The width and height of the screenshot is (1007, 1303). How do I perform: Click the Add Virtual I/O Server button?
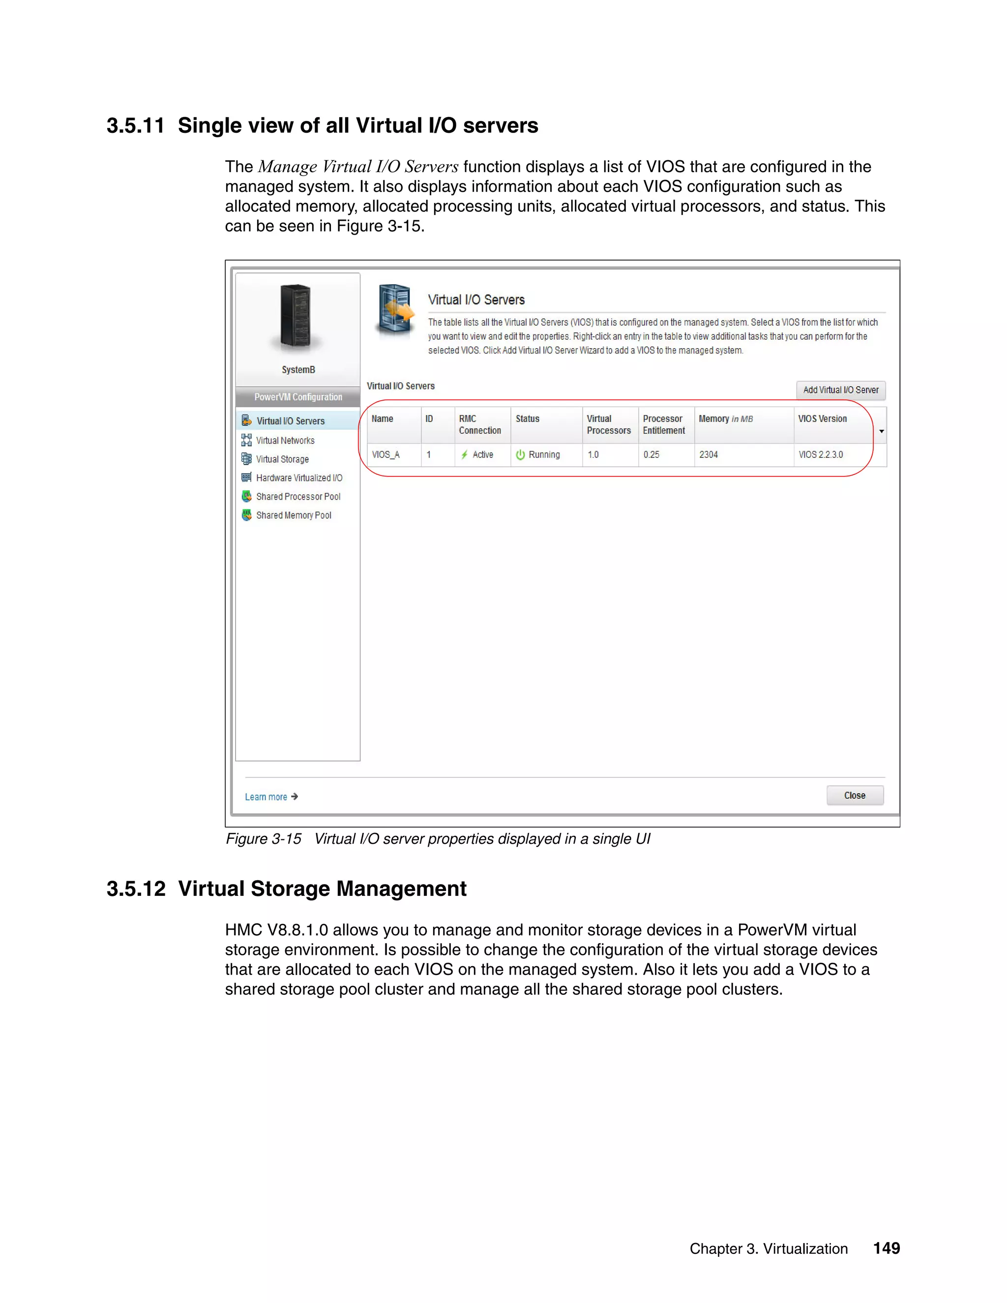[x=840, y=390]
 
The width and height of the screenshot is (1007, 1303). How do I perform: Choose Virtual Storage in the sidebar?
[x=282, y=459]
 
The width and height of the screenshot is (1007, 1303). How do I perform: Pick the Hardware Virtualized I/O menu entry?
[x=299, y=478]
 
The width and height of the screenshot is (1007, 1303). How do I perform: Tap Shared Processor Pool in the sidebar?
[x=297, y=497]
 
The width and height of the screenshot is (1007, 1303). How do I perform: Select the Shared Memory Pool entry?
[x=294, y=515]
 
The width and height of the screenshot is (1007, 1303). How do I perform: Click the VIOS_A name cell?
[x=386, y=455]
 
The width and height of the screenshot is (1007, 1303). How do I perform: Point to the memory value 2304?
[x=709, y=455]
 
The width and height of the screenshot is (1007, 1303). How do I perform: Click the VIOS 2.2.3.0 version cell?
[x=821, y=455]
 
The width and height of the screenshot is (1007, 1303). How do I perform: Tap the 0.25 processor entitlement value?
[x=652, y=455]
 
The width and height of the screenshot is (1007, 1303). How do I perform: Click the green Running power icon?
[x=520, y=455]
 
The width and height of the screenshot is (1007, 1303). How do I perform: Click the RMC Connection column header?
[x=479, y=425]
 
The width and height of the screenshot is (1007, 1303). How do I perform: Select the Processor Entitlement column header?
[x=664, y=425]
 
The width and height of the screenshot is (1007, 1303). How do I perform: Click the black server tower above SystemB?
[x=296, y=316]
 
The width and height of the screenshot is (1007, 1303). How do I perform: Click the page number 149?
[x=887, y=1248]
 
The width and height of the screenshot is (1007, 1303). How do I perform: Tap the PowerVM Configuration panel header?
[x=298, y=397]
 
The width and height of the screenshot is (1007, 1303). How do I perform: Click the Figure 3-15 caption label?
[x=263, y=839]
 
